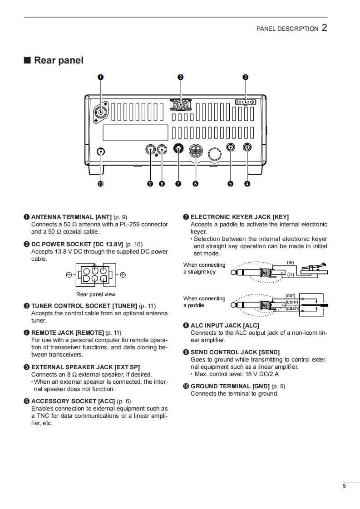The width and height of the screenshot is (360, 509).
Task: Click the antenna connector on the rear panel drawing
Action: pyautogui.click(x=101, y=113)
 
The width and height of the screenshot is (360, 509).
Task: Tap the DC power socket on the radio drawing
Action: pyautogui.click(x=181, y=105)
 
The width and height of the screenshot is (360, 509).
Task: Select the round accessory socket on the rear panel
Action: pyautogui.click(x=196, y=151)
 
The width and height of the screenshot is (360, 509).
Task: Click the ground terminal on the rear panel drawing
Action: pyautogui.click(x=101, y=152)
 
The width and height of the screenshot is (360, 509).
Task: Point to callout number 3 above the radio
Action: pyautogui.click(x=245, y=77)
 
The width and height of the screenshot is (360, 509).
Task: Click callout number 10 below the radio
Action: pyautogui.click(x=100, y=184)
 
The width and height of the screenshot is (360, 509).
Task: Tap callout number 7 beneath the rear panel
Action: pyautogui.click(x=178, y=184)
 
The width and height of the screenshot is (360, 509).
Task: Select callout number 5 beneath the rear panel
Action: pyautogui.click(x=230, y=184)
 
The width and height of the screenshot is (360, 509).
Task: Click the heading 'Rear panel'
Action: pyautogui.click(x=59, y=60)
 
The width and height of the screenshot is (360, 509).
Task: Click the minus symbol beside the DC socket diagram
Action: pyautogui.click(x=69, y=275)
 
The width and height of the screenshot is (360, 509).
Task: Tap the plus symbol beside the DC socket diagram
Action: pyautogui.click(x=123, y=275)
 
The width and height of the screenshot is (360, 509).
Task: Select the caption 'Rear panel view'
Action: pyautogui.click(x=96, y=294)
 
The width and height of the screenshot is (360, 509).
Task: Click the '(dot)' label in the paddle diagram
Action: pyautogui.click(x=291, y=295)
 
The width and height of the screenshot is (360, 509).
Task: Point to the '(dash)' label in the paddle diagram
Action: pyautogui.click(x=292, y=308)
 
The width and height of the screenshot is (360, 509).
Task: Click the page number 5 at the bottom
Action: pyautogui.click(x=345, y=486)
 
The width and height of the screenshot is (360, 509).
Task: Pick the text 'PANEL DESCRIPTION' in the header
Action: pyautogui.click(x=287, y=29)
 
